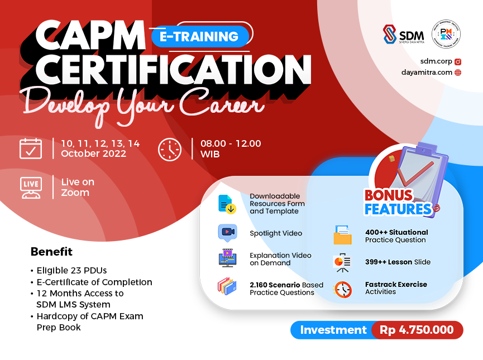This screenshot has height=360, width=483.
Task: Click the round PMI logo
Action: pyautogui.click(x=446, y=35)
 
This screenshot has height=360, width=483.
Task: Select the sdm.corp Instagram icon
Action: pyautogui.click(x=458, y=61)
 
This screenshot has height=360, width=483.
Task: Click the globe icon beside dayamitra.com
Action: pyautogui.click(x=458, y=72)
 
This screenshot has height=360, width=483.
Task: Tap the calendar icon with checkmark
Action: pyautogui.click(x=31, y=148)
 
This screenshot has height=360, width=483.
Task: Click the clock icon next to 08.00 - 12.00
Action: pyautogui.click(x=170, y=149)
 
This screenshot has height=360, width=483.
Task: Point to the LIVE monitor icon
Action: pyautogui.click(x=31, y=187)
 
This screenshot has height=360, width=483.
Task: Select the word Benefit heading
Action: pyautogui.click(x=51, y=252)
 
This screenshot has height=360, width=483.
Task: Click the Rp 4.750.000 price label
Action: pyautogui.click(x=417, y=330)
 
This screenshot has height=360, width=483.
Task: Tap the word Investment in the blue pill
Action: pyautogui.click(x=333, y=330)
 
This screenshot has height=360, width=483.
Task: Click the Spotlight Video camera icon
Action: pyautogui.click(x=227, y=232)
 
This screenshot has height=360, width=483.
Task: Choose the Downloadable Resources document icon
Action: pyautogui.click(x=227, y=204)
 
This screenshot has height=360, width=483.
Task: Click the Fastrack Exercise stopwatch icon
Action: pyautogui.click(x=342, y=289)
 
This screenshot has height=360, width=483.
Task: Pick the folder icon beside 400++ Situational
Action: pyautogui.click(x=342, y=236)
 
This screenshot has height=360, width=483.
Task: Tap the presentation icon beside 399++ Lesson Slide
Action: pyautogui.click(x=342, y=262)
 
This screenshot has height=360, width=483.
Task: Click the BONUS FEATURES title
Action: pyautogui.click(x=398, y=203)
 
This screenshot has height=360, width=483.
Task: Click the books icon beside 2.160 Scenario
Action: pyautogui.click(x=227, y=286)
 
